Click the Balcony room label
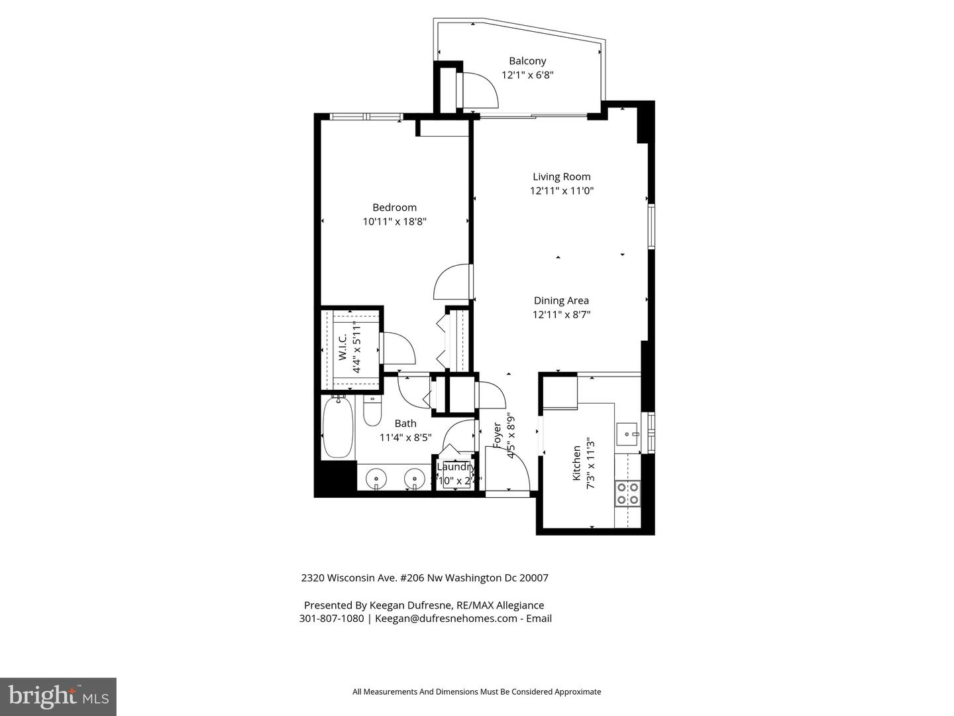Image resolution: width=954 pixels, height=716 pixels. (527, 61)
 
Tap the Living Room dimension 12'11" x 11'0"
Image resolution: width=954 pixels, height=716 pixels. (561, 191)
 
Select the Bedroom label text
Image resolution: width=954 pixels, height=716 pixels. (394, 208)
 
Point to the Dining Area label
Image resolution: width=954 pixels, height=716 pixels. (561, 300)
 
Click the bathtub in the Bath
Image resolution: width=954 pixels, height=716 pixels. (337, 427)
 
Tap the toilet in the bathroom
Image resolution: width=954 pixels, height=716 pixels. (372, 412)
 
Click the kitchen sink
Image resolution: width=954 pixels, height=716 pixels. (627, 434)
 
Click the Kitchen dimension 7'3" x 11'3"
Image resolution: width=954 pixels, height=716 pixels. (590, 467)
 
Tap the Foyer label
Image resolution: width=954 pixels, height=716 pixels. (497, 436)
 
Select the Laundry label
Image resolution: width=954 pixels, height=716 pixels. (456, 467)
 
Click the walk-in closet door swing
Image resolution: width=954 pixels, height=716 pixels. (399, 347)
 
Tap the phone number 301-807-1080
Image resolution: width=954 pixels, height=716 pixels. (331, 619)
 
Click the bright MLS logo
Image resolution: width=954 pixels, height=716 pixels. (58, 696)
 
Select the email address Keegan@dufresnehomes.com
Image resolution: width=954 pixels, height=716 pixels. (446, 619)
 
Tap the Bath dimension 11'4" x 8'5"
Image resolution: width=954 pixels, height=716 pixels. (405, 438)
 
